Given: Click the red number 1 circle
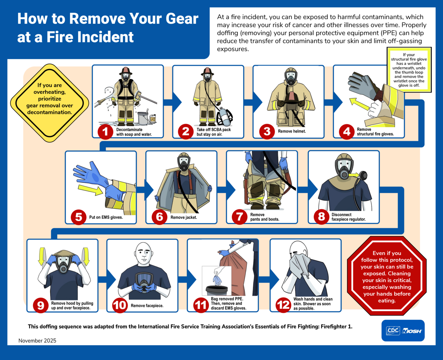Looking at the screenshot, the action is pyautogui.click(x=106, y=132).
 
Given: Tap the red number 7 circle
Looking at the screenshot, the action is pyautogui.click(x=239, y=217).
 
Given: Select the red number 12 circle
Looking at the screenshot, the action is pyautogui.click(x=283, y=305).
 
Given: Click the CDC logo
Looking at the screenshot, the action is pyautogui.click(x=393, y=330).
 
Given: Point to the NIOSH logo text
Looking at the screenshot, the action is pyautogui.click(x=412, y=331).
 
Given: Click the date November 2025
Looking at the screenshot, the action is pyautogui.click(x=37, y=341).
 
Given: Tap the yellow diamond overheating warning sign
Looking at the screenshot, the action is pyautogui.click(x=49, y=103).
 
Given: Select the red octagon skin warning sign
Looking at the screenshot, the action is pyautogui.click(x=387, y=276).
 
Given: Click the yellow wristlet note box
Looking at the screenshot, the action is pyautogui.click(x=409, y=70).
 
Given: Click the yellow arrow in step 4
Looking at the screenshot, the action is pyautogui.click(x=360, y=104).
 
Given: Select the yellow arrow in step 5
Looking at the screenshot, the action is pyautogui.click(x=90, y=190).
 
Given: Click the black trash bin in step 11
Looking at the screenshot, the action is pyautogui.click(x=216, y=290).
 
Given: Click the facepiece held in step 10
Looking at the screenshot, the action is pyautogui.click(x=144, y=282).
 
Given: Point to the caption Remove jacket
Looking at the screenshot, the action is pyautogui.click(x=183, y=217).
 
